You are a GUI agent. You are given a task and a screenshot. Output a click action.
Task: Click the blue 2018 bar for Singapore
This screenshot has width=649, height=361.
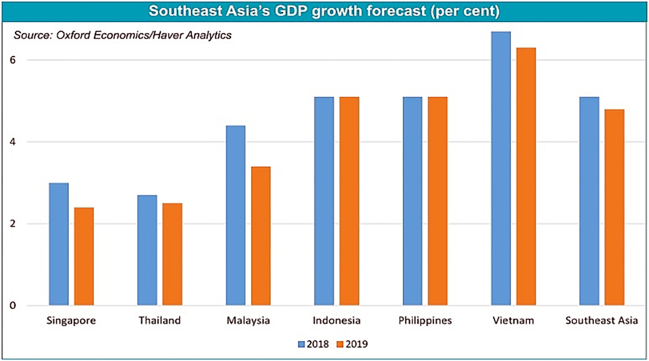click(58, 244)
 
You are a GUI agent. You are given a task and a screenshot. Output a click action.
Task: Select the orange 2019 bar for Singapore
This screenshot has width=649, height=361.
click(84, 256)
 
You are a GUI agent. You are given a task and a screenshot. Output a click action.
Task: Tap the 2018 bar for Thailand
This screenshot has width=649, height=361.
click(147, 250)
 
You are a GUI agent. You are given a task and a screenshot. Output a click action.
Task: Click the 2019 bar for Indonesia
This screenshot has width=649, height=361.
click(349, 201)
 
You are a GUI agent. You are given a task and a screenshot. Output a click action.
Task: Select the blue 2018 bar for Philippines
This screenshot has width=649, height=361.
click(412, 201)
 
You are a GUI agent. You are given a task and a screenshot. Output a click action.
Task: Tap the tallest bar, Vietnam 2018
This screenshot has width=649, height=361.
click(501, 169)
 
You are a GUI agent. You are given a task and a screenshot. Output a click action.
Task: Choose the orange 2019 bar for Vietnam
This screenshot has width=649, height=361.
click(526, 177)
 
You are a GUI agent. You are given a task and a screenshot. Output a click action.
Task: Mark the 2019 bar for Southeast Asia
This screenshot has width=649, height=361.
click(614, 208)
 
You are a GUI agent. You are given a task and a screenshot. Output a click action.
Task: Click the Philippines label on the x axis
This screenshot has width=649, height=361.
click(424, 321)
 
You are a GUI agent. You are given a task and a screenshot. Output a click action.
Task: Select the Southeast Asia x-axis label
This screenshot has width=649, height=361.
click(602, 321)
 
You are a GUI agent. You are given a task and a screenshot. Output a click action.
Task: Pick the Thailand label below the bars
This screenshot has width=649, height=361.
click(160, 321)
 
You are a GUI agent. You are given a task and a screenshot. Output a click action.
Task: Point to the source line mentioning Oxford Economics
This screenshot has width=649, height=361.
click(123, 36)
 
